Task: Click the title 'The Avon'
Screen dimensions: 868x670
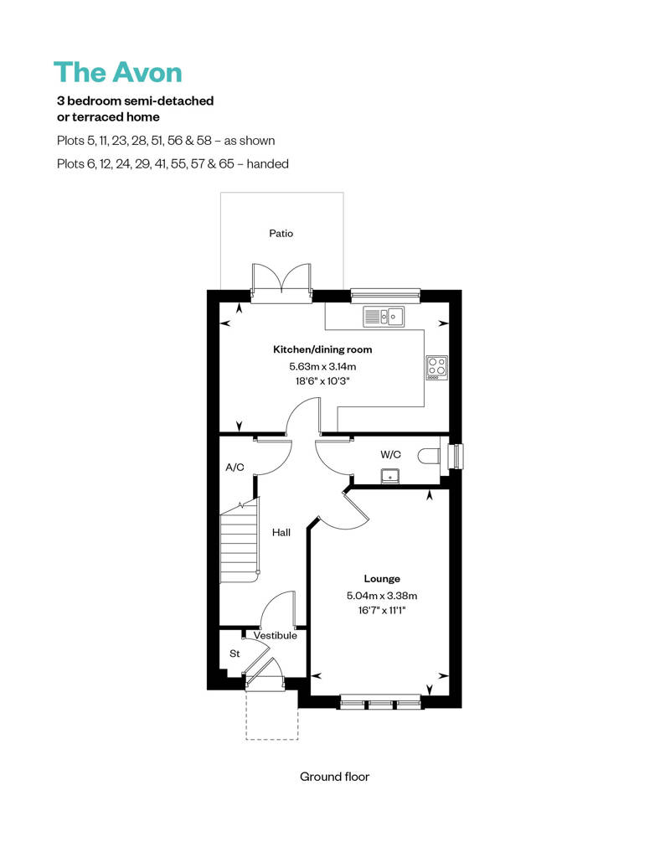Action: coord(117,72)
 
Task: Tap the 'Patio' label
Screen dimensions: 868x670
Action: coord(281,234)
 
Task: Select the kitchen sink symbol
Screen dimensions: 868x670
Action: coord(384,316)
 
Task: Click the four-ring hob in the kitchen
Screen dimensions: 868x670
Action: coord(436,366)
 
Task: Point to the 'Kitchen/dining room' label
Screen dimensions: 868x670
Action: coord(322,349)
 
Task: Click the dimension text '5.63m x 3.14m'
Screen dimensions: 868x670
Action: coord(322,366)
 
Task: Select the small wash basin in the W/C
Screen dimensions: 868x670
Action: coord(389,476)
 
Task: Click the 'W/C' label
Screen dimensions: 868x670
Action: coord(390,454)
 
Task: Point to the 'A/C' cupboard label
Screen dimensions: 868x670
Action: coord(234,467)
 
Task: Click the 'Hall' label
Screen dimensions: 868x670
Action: coord(281,532)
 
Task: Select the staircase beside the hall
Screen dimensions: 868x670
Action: coord(239,545)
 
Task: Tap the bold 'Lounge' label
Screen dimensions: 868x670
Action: coord(382,579)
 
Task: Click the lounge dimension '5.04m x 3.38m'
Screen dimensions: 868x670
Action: coord(382,596)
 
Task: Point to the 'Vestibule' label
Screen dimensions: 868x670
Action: coord(276,636)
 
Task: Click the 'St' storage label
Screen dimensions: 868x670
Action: coord(234,654)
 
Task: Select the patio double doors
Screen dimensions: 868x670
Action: coord(281,281)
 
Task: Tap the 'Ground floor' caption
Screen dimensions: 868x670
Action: coord(334,777)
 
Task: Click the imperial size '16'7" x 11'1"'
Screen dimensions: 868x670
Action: coord(382,611)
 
